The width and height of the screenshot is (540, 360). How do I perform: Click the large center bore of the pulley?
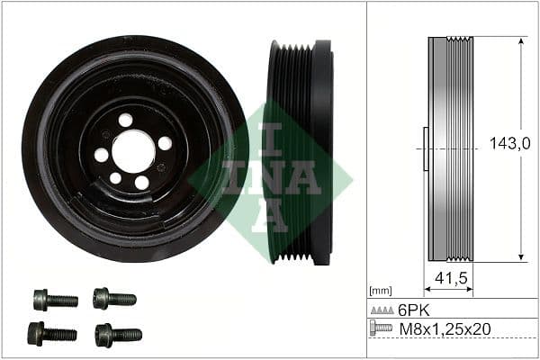coord(134,150)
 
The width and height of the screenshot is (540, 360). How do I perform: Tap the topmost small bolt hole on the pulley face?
coord(125,120)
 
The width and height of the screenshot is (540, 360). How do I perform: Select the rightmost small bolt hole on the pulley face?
coord(165,143)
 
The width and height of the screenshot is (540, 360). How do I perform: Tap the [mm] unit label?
coord(380,291)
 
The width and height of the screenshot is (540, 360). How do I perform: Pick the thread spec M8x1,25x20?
coord(445,328)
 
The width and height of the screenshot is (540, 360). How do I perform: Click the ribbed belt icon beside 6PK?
coord(382,309)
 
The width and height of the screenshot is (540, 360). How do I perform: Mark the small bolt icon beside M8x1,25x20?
coord(382,328)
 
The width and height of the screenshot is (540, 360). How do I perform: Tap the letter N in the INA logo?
coord(271,177)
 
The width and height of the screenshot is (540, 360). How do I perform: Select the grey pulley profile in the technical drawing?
coord(451,149)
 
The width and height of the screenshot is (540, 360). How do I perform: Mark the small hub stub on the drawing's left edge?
coord(425,149)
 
